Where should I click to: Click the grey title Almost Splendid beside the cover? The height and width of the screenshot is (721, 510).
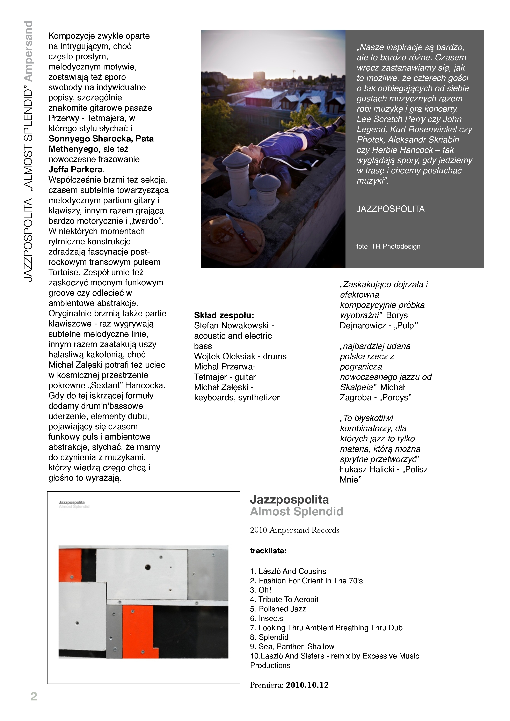click(297, 512)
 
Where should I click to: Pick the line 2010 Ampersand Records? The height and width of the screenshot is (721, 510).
click(294, 530)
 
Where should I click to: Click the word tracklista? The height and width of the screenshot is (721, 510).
click(268, 551)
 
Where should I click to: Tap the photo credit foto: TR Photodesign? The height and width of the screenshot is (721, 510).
click(388, 247)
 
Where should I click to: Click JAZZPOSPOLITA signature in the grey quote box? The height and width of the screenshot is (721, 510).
click(390, 209)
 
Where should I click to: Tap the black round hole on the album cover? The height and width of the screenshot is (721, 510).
click(148, 567)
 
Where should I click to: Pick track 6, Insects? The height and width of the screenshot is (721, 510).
click(270, 618)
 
